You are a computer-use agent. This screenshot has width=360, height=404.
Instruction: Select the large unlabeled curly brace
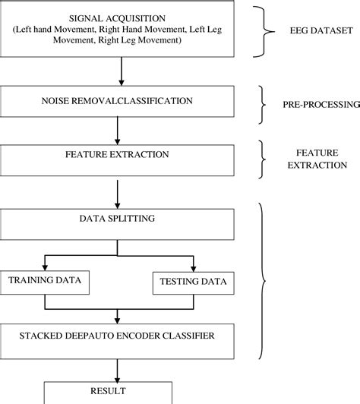coord(264,282)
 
